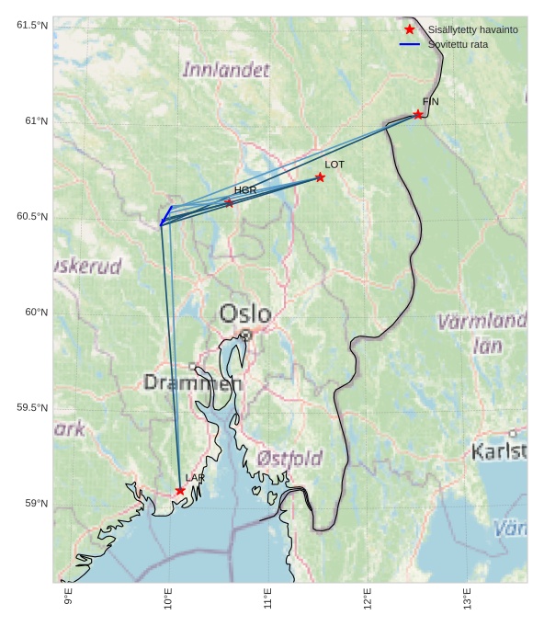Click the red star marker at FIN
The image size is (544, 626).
418,114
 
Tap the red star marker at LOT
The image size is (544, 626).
320,176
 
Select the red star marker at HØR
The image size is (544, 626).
229,202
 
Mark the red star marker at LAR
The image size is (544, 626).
180,491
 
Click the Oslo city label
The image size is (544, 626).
244,314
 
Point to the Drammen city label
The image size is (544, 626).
192,382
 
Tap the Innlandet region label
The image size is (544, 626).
226,70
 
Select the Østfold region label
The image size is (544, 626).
289,458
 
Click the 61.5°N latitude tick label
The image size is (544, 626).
32,25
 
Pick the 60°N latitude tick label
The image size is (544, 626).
36,312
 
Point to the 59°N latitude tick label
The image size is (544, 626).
36,503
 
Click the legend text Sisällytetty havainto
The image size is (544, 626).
472,29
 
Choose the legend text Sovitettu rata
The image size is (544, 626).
458,44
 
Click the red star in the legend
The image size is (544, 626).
410,29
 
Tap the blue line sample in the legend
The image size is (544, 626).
410,44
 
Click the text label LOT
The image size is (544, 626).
334,165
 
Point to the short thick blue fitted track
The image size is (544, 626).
166,215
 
